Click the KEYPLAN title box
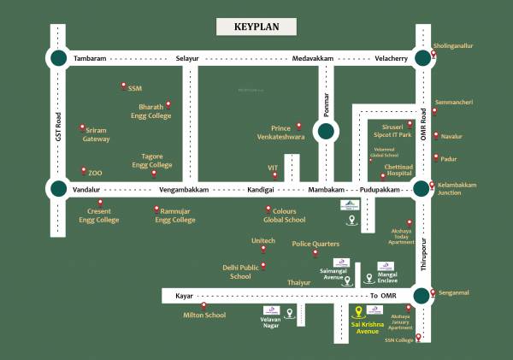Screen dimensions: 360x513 (x=257, y=27)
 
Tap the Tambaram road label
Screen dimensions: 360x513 (x=90, y=58)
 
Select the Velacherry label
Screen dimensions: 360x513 (x=379, y=58)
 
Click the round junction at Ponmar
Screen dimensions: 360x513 (x=325, y=132)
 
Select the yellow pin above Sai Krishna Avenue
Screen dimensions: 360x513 (x=359, y=310)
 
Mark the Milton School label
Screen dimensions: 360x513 (x=204, y=316)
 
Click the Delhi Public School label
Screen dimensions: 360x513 (x=240, y=272)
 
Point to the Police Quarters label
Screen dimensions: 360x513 (x=316, y=244)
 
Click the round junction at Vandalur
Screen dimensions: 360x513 (x=58, y=188)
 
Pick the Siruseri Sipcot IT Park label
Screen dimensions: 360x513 (x=392, y=130)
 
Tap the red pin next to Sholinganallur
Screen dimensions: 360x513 (x=434, y=54)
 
